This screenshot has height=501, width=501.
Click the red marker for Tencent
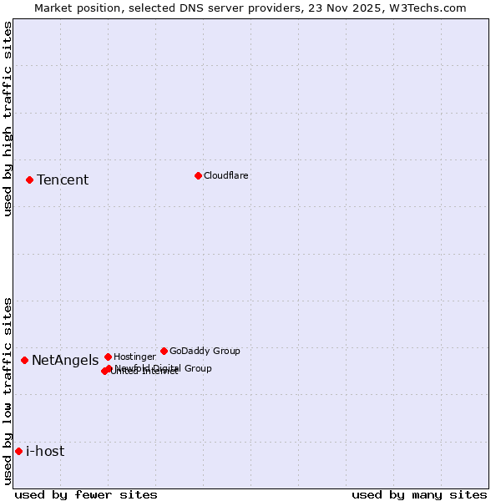(29, 180)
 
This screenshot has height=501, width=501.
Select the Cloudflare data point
(198, 175)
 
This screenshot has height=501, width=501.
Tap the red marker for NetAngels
(24, 360)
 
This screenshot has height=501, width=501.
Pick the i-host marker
(18, 451)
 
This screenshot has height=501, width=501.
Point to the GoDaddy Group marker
(164, 351)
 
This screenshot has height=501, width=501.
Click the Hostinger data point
(108, 357)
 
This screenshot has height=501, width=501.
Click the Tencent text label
(63, 180)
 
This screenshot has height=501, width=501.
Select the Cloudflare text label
(226, 175)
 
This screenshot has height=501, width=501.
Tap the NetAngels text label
(65, 361)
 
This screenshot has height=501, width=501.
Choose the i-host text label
(45, 452)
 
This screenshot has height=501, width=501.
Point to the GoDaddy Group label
(205, 351)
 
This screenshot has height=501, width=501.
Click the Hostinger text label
(134, 357)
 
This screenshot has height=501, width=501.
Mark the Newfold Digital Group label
(164, 367)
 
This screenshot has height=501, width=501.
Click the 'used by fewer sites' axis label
(86, 494)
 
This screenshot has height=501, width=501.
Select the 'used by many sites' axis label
(419, 494)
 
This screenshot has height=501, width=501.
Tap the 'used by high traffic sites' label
(8, 119)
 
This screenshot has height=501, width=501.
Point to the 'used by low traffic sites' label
(8, 391)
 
